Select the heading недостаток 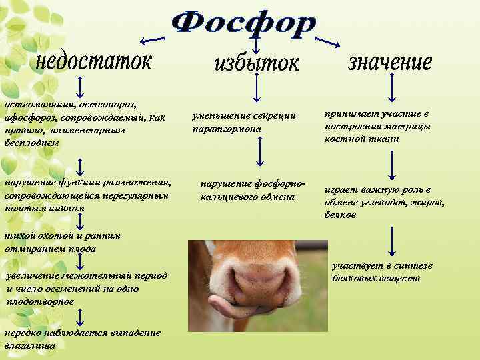[93, 63]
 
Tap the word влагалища [29, 345]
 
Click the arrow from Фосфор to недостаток [159, 41]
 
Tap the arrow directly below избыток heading [257, 87]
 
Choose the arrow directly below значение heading [392, 86]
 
